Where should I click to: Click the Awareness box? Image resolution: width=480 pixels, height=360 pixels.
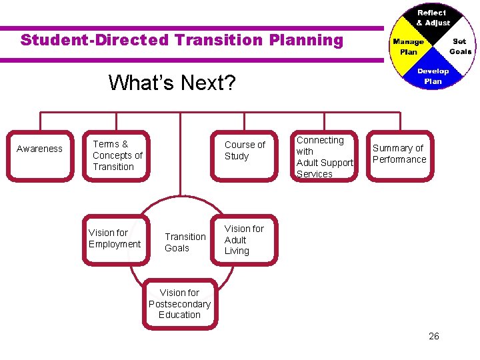[40, 154]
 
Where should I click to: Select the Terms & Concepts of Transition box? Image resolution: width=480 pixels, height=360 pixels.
[117, 155]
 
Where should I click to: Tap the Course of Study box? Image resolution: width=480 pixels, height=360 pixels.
[245, 154]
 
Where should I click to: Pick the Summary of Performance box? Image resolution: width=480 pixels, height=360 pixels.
[399, 154]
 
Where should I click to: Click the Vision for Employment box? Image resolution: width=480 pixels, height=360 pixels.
[115, 239]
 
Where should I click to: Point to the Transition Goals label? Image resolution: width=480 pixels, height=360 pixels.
[185, 242]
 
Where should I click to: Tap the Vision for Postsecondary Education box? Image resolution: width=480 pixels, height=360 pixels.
[179, 304]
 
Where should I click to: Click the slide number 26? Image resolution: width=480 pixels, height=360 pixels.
[434, 336]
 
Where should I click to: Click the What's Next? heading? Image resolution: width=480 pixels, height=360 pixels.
[172, 83]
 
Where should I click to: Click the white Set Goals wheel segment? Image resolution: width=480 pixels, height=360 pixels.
[459, 47]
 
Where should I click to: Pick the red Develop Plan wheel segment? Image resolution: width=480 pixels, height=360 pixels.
[433, 75]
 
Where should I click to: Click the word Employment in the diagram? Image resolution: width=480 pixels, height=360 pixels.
[115, 244]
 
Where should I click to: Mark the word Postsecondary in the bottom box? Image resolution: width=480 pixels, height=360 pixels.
[179, 304]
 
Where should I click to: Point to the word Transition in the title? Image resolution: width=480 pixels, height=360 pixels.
[219, 40]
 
